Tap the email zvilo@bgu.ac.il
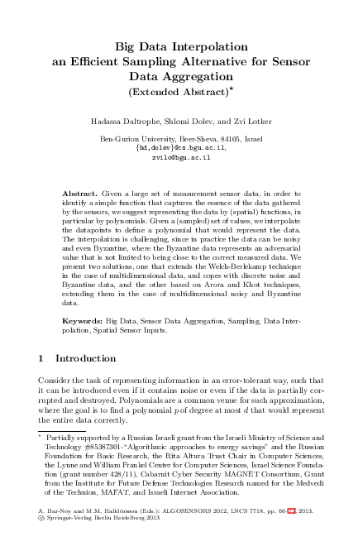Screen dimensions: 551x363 [181, 156]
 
